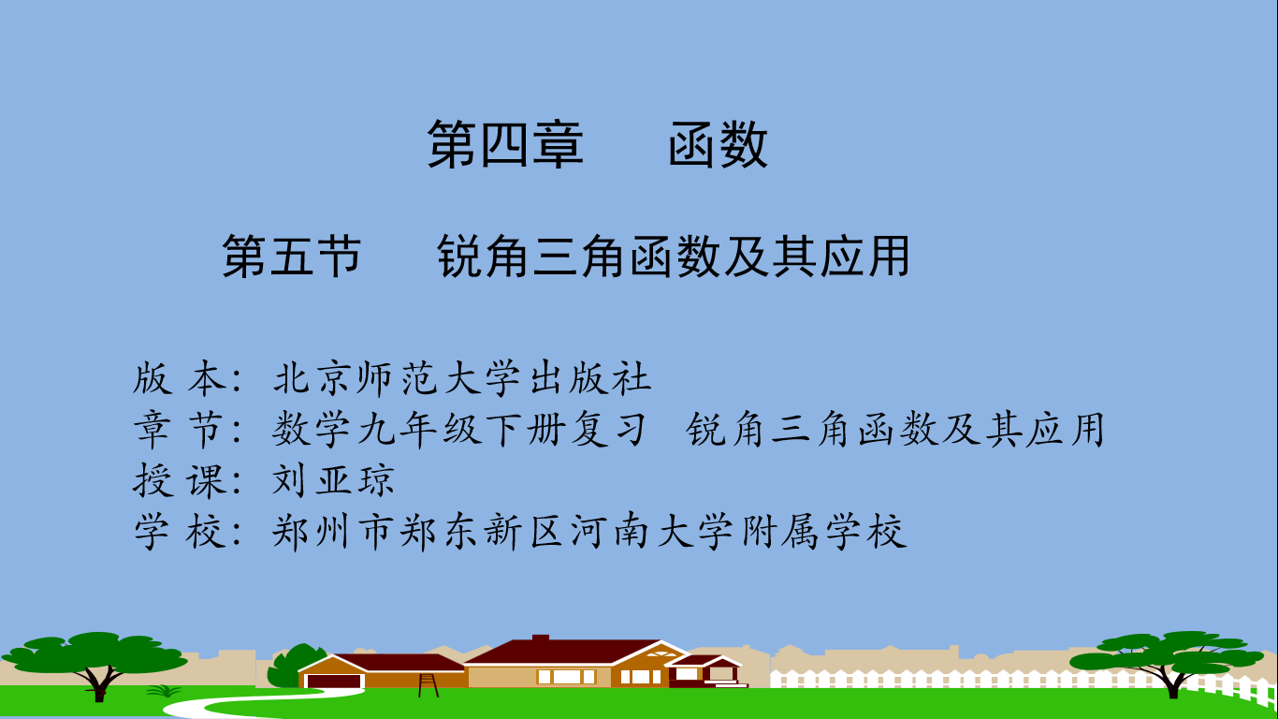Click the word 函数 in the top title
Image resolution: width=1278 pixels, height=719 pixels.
pyautogui.click(x=718, y=144)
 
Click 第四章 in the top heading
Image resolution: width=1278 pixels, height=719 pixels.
pyautogui.click(x=505, y=144)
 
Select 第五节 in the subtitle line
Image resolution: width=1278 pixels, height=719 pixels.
pyautogui.click(x=292, y=257)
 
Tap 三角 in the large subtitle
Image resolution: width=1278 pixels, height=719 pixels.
pyautogui.click(x=577, y=257)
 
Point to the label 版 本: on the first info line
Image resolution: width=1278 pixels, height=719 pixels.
pyautogui.click(x=189, y=378)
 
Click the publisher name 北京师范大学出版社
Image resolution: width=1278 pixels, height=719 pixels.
pyautogui.click(x=462, y=378)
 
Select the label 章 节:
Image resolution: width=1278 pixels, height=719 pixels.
pyautogui.click(x=189, y=429)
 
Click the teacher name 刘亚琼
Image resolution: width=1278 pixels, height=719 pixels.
pyautogui.click(x=333, y=479)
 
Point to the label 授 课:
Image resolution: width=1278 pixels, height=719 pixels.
pyautogui.click(x=189, y=479)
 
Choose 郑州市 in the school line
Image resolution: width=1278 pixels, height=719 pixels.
pyautogui.click(x=331, y=532)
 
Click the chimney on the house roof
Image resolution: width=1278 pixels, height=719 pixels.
pyautogui.click(x=541, y=638)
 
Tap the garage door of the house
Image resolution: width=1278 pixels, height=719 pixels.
pyautogui.click(x=334, y=682)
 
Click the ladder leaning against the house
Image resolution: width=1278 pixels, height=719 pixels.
pyautogui.click(x=428, y=685)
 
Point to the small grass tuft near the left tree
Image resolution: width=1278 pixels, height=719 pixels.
pyautogui.click(x=164, y=691)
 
